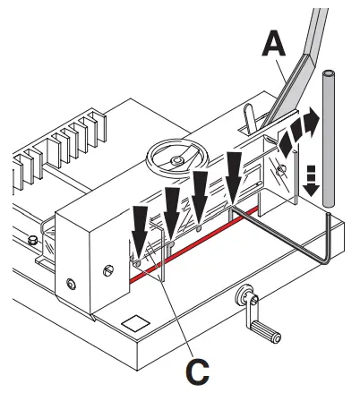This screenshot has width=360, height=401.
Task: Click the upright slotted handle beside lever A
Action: click(251, 122)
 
